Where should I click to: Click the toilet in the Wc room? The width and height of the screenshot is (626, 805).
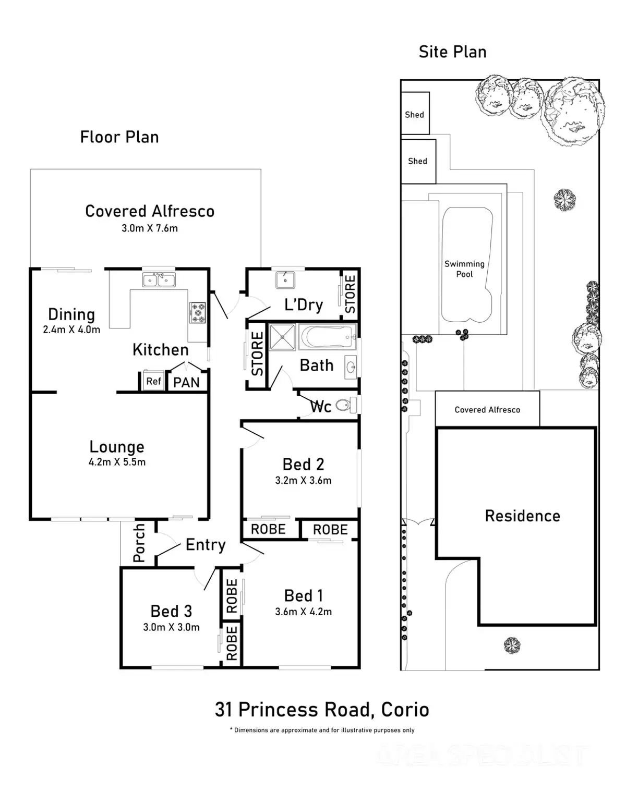tap(343, 405)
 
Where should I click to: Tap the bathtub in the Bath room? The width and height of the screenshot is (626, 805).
tap(327, 337)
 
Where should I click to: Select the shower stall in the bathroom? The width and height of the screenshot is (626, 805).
tap(282, 337)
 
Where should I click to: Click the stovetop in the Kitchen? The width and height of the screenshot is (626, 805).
tap(197, 312)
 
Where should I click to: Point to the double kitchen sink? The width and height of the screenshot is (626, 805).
tap(159, 280)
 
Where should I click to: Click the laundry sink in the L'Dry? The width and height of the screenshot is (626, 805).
tap(285, 280)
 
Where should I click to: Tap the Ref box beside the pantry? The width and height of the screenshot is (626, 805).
tap(153, 381)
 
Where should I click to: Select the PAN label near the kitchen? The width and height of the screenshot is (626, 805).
tap(186, 382)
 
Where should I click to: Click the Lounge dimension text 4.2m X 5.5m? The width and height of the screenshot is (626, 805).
tap(117, 462)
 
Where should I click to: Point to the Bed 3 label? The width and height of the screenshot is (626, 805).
tap(171, 611)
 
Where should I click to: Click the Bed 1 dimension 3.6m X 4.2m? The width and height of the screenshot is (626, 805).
tap(303, 612)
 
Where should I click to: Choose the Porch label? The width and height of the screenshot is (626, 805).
tap(139, 543)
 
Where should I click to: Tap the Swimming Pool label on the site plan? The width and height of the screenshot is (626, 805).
tap(464, 269)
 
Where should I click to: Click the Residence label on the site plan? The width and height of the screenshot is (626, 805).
tap(522, 516)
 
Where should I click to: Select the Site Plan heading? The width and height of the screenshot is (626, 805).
tap(452, 52)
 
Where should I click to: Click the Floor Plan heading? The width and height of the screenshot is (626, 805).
tap(119, 137)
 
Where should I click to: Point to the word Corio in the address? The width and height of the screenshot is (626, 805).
tap(405, 710)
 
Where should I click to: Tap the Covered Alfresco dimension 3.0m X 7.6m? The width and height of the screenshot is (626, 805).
tap(150, 228)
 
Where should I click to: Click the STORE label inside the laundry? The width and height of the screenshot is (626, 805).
tap(350, 294)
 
